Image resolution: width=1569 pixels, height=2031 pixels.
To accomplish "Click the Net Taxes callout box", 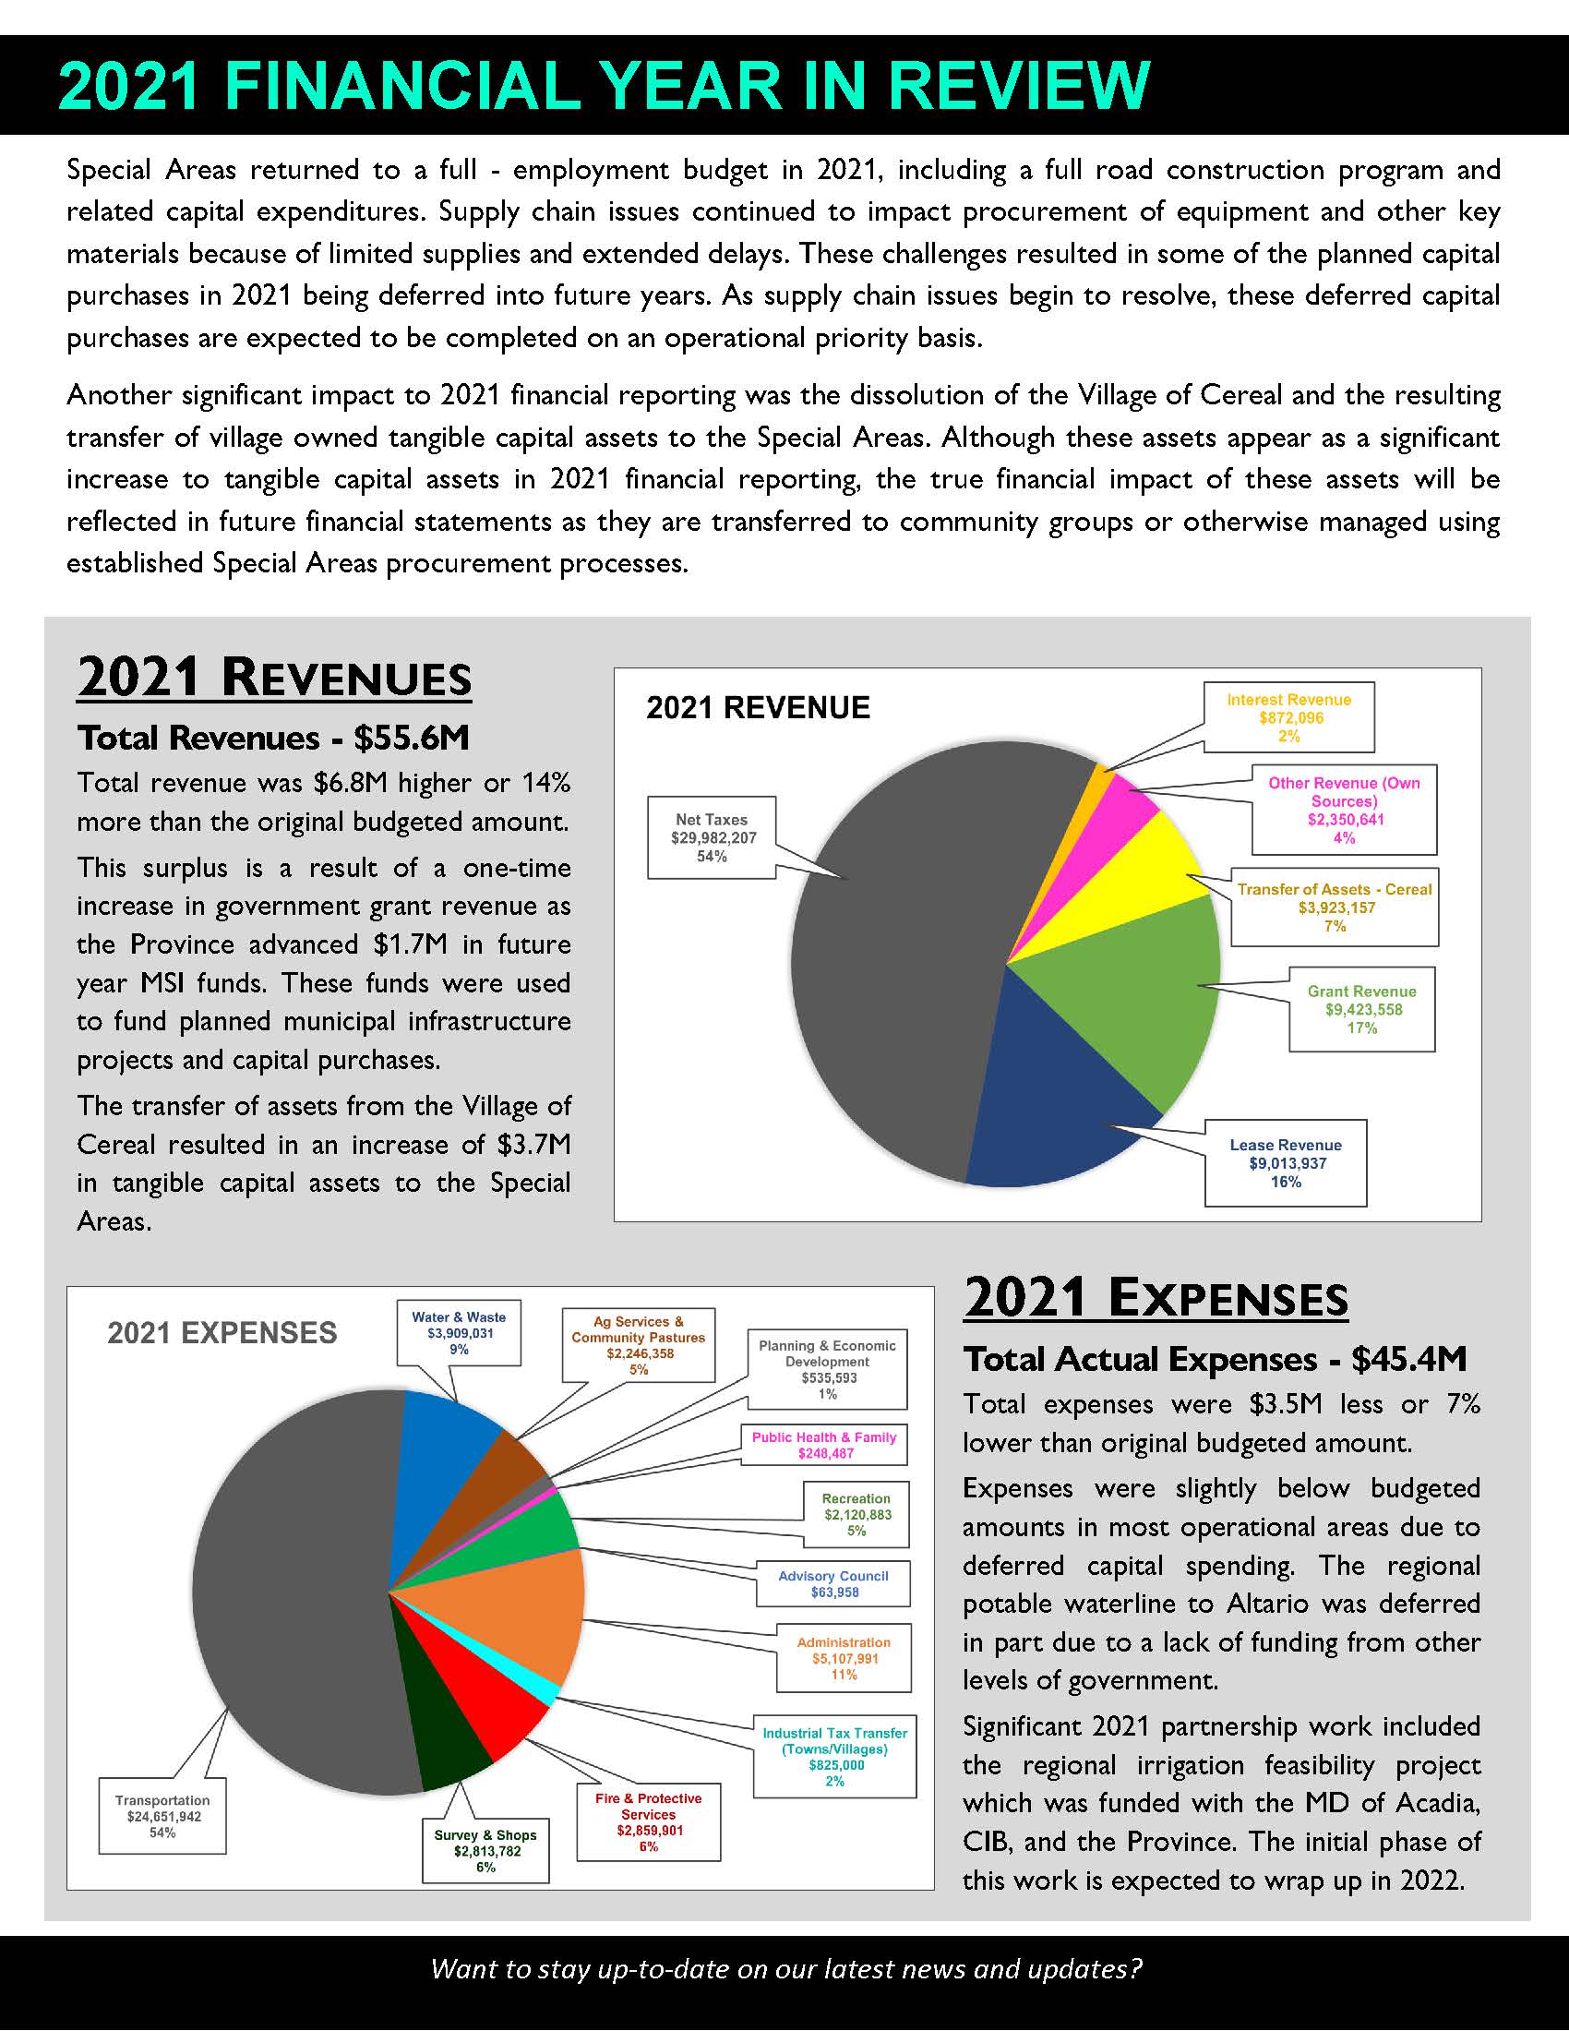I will (711, 837).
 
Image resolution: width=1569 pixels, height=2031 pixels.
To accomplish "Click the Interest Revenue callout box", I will (1288, 717).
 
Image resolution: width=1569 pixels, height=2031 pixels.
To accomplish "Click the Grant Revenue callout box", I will (1361, 1009).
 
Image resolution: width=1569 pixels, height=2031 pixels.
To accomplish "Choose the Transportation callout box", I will (162, 1816).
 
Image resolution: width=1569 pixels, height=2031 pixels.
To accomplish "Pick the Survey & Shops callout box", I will (485, 1851).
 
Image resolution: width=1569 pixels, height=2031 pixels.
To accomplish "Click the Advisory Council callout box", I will (832, 1583).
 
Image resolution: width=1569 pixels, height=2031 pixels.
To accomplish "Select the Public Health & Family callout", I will (823, 1444).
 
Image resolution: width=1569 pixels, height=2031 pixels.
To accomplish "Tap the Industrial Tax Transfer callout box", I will (834, 1756).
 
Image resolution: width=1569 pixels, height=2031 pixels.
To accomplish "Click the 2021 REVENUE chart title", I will (758, 708).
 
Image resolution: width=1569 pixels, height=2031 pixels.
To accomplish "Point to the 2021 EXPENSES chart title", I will (222, 1332).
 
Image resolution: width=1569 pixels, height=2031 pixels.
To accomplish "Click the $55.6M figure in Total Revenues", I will (411, 738).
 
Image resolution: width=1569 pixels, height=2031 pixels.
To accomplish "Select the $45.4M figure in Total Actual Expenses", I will (1408, 1359).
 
